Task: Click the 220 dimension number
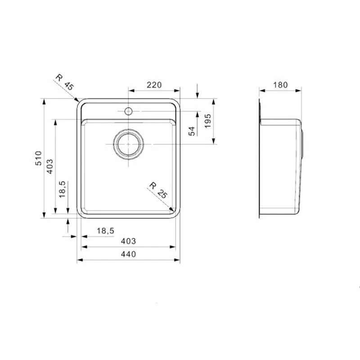click(x=154, y=85)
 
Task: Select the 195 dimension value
click(x=207, y=121)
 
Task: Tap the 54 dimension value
click(x=191, y=131)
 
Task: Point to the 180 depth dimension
click(x=280, y=85)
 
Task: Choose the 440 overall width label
click(x=128, y=255)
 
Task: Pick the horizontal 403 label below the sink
click(x=128, y=241)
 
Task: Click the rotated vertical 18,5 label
click(x=63, y=189)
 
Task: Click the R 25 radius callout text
click(x=158, y=189)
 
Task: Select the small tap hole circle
click(x=128, y=111)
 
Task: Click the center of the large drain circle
click(x=128, y=144)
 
